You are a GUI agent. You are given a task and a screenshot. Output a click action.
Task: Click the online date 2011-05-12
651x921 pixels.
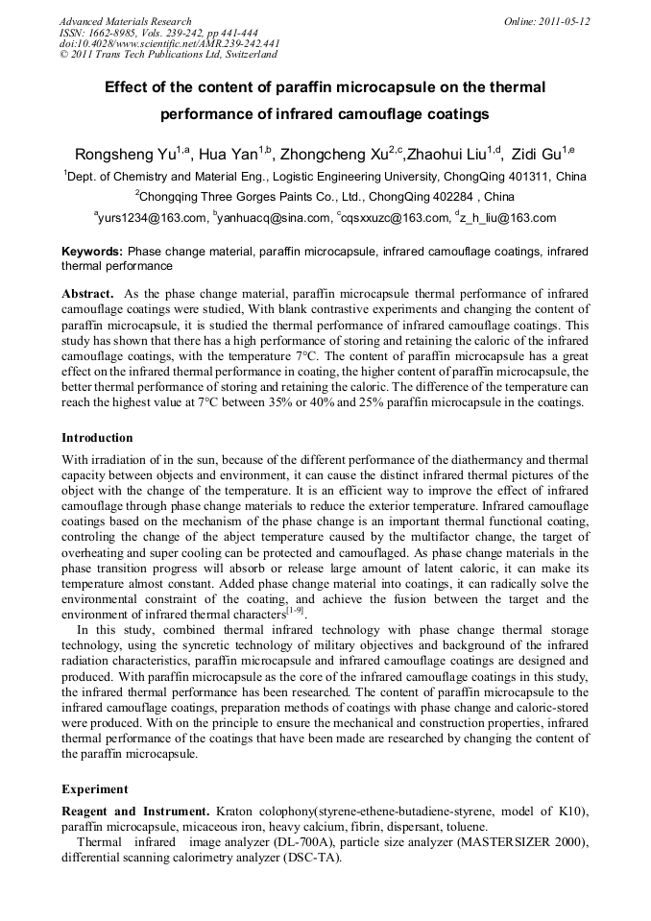point(565,21)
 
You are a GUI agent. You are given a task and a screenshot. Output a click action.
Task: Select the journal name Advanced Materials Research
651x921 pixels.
point(125,21)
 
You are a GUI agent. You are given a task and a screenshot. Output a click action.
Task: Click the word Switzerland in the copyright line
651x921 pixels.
point(248,55)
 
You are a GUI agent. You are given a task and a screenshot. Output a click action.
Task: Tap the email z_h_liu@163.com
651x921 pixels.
point(508,218)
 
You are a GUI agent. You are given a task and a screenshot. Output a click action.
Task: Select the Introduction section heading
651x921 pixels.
point(98,438)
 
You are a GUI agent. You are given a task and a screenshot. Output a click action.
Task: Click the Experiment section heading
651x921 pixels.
point(95,789)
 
